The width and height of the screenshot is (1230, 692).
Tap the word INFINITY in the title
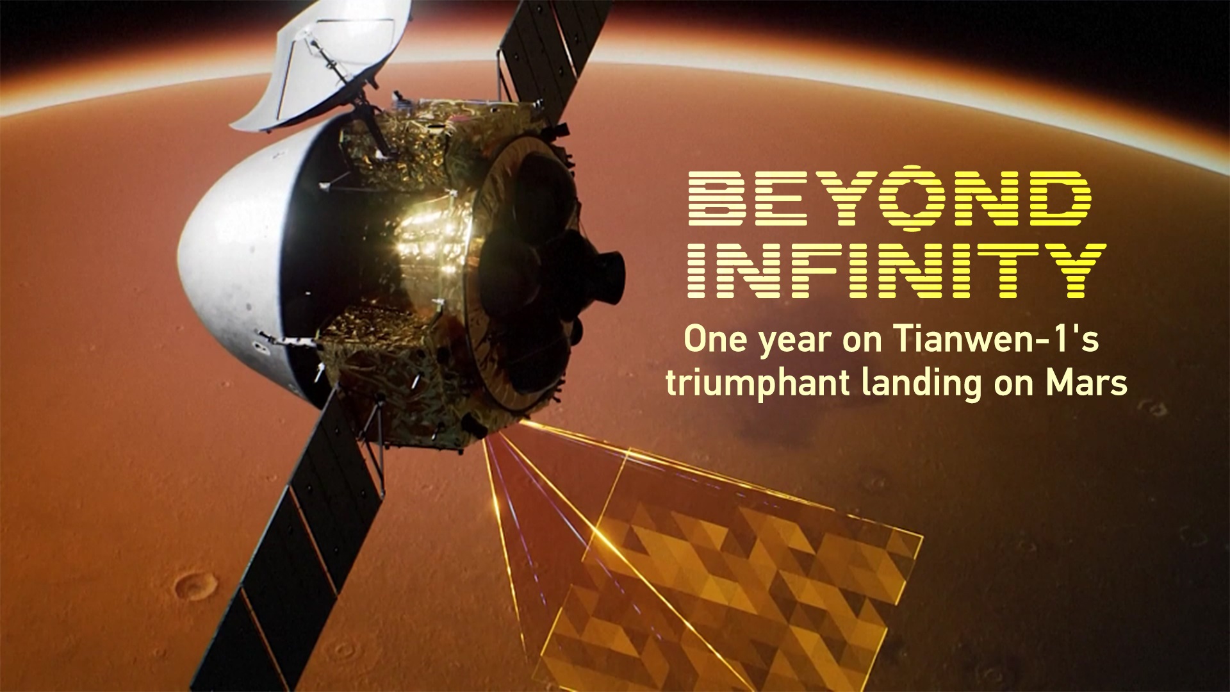[897, 271]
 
